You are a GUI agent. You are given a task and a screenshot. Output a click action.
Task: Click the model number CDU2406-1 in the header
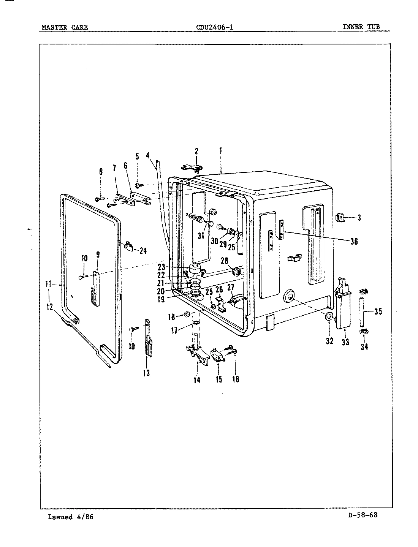click(x=215, y=27)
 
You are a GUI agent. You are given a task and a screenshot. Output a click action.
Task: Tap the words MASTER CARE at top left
click(x=65, y=27)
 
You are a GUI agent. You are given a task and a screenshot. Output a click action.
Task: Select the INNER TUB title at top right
click(x=361, y=27)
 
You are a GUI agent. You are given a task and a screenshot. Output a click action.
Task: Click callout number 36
click(x=353, y=241)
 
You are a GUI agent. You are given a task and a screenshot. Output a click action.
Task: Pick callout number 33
click(x=345, y=342)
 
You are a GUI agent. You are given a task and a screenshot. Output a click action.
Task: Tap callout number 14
click(x=197, y=379)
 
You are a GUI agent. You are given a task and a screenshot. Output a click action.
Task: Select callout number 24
click(x=143, y=251)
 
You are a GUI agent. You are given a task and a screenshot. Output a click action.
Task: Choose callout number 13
click(x=146, y=373)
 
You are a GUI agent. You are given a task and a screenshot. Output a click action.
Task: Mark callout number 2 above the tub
click(x=196, y=151)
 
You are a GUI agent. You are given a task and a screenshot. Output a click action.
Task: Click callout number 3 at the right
click(x=359, y=218)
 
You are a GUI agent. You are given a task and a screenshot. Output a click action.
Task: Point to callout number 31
click(x=201, y=236)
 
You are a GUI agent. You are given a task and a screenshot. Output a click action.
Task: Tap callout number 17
click(x=174, y=330)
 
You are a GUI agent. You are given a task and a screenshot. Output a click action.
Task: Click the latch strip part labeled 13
click(x=147, y=336)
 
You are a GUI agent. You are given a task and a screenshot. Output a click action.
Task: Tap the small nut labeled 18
click(x=187, y=315)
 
